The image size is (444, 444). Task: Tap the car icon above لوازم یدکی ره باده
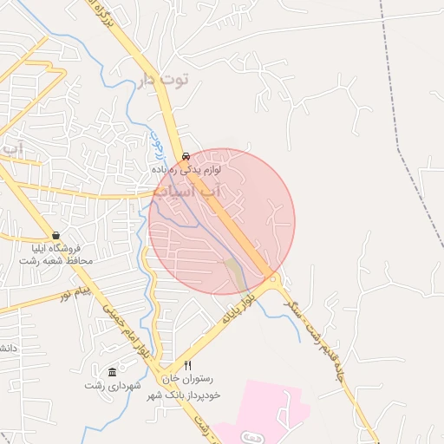(186, 157)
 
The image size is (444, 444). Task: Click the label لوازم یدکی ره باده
(186, 169)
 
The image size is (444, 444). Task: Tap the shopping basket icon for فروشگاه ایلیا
(56, 235)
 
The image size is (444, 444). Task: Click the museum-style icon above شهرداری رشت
(112, 371)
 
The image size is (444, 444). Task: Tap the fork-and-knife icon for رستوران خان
(187, 366)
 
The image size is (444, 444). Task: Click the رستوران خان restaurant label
(187, 379)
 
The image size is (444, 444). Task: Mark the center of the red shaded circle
(222, 222)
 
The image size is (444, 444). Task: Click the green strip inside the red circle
(234, 273)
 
